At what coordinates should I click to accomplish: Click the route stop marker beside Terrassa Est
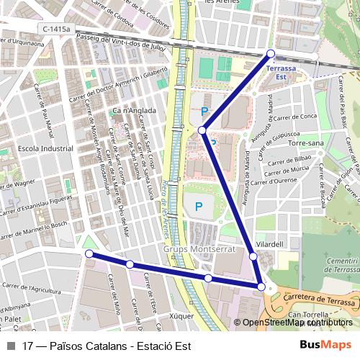tap(271, 53)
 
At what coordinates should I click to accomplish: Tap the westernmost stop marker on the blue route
tap(89, 254)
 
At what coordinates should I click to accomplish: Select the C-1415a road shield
tap(56, 28)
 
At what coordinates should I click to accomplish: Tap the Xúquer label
tap(181, 315)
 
